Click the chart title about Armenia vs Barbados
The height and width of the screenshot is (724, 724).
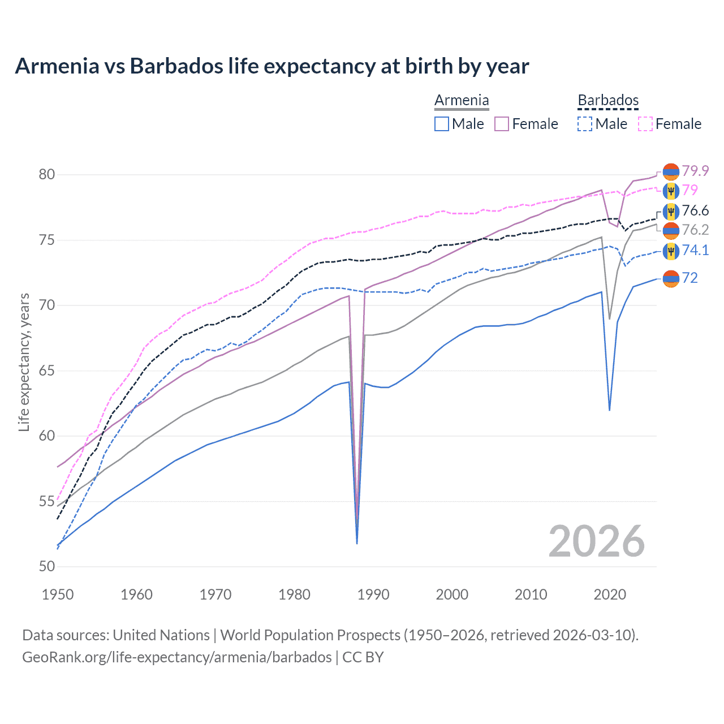pyautogui.click(x=271, y=66)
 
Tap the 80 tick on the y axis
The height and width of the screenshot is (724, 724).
pyautogui.click(x=47, y=175)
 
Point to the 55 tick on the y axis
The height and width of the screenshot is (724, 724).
pyautogui.click(x=47, y=502)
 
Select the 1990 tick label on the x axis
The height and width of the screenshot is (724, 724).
pyautogui.click(x=373, y=594)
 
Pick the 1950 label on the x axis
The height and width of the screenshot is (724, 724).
pyautogui.click(x=58, y=594)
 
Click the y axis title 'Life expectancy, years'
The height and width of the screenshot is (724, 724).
pyautogui.click(x=24, y=362)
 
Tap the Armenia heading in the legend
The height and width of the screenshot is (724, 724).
pyautogui.click(x=462, y=101)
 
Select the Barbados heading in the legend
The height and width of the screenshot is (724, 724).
pyautogui.click(x=608, y=101)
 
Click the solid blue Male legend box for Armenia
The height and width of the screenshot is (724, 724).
pyautogui.click(x=442, y=124)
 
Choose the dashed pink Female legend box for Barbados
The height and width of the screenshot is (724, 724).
pyautogui.click(x=645, y=124)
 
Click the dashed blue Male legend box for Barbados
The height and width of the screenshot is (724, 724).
pyautogui.click(x=585, y=124)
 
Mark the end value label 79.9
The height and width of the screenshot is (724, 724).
pyautogui.click(x=695, y=171)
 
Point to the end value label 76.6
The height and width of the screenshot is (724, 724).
pyautogui.click(x=695, y=211)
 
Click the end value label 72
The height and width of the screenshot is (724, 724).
pyautogui.click(x=689, y=278)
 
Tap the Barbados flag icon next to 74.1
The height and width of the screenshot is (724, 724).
pyautogui.click(x=671, y=251)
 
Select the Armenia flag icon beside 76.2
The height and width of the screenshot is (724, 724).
pyautogui.click(x=671, y=230)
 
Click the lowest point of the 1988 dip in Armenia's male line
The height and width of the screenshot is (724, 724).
pyautogui.click(x=357, y=543)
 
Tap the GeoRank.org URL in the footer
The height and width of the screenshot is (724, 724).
pyautogui.click(x=176, y=657)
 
